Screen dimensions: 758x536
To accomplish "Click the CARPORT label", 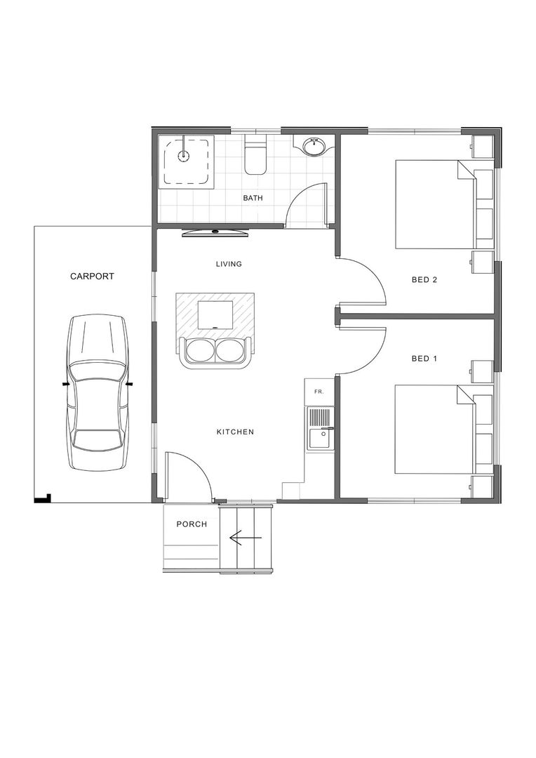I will [92, 277].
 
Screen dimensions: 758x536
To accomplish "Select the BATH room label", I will [253, 198].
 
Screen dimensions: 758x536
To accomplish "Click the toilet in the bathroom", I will [255, 159].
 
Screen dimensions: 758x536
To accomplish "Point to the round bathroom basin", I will [314, 147].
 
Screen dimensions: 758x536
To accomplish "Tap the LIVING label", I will [229, 264].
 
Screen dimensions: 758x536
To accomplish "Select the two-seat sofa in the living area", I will [215, 351].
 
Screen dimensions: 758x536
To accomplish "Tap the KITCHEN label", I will [235, 432].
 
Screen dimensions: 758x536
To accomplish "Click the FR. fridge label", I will [318, 390].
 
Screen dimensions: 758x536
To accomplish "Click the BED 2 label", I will [424, 279].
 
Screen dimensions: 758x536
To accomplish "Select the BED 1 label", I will [424, 359].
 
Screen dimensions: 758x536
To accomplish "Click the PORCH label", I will [192, 524].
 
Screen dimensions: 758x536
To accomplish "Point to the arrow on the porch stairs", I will [245, 538].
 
